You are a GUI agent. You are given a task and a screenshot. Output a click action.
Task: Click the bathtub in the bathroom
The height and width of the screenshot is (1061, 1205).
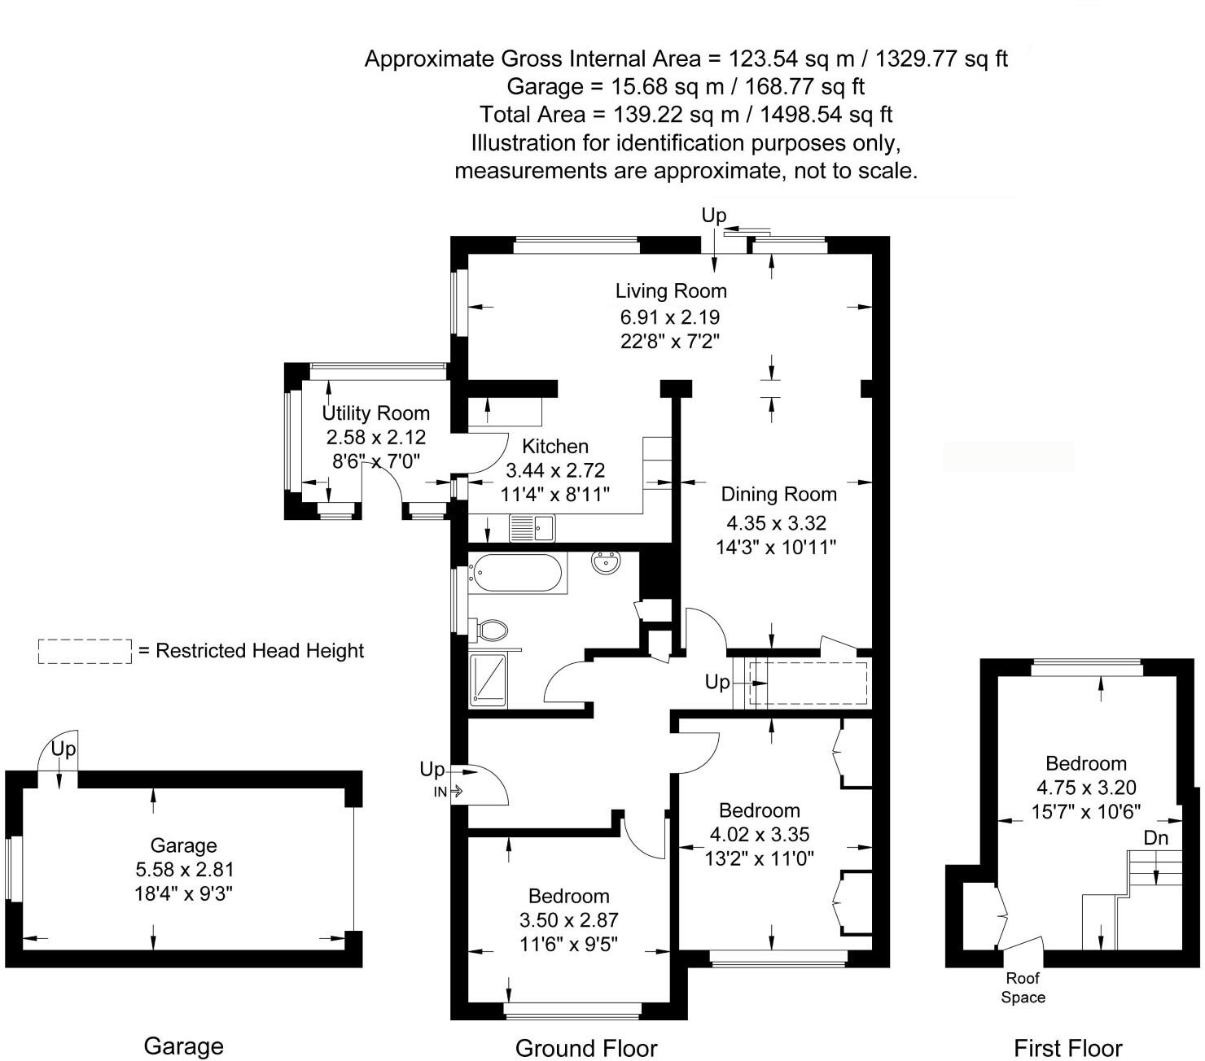[x=516, y=573]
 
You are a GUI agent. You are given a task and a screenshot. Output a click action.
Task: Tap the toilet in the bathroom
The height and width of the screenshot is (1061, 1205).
[x=491, y=629]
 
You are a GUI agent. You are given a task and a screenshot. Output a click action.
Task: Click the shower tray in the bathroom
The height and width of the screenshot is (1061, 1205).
[x=488, y=678]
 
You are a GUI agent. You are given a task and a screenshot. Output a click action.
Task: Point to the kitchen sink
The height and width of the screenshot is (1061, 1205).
[x=532, y=528]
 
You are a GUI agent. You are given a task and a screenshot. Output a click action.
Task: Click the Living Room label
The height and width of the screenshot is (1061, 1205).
[x=670, y=290]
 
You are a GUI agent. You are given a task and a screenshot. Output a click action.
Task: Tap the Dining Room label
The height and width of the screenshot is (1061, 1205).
[x=778, y=494]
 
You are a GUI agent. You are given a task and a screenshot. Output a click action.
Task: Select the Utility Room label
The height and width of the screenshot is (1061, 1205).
[x=375, y=413]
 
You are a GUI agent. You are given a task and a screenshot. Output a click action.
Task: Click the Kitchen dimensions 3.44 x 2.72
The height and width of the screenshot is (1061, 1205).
[x=555, y=470]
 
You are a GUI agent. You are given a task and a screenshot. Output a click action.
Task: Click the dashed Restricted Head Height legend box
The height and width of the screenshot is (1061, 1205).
[x=85, y=651]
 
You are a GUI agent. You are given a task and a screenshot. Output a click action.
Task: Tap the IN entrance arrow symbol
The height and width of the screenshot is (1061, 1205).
[x=448, y=791]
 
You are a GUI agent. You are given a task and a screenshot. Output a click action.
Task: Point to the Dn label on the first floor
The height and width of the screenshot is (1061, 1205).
[x=1155, y=837]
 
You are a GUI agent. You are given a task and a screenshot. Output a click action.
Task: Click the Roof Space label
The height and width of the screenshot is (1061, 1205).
[x=1023, y=988]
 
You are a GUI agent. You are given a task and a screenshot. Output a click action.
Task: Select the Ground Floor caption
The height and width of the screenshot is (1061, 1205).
[x=586, y=1049]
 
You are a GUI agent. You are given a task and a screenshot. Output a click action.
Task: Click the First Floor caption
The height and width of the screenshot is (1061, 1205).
[x=1067, y=1049]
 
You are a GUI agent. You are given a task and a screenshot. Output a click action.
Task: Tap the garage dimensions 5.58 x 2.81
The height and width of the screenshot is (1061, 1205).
[x=184, y=870]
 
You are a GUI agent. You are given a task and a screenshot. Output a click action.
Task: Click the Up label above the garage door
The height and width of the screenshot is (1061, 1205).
[x=64, y=748]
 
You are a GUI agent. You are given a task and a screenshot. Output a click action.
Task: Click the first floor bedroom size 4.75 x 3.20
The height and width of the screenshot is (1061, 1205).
[x=1086, y=788]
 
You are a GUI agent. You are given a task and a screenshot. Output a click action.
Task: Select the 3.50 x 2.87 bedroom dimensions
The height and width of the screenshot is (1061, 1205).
[x=568, y=920]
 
